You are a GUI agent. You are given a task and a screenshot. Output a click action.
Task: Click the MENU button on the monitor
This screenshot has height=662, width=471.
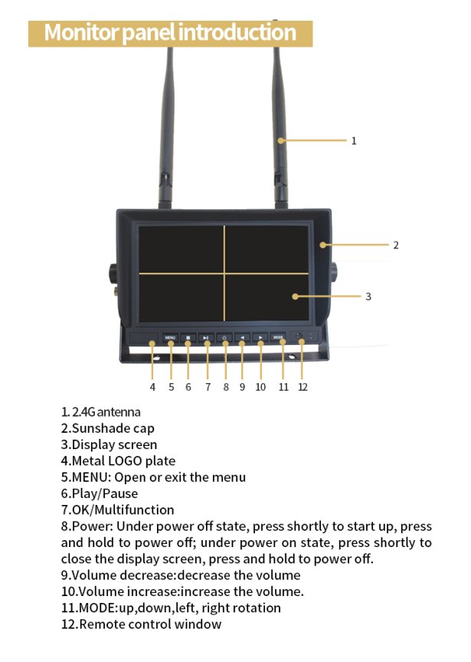coord(170,337)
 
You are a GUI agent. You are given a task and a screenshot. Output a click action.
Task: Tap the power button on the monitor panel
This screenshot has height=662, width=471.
coord(225,337)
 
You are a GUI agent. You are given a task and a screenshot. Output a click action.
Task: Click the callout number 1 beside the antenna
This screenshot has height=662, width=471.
coord(354,141)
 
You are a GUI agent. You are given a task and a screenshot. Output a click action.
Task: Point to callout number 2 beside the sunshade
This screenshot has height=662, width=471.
coord(396,245)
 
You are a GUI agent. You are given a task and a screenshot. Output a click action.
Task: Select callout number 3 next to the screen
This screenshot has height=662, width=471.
coord(368,297)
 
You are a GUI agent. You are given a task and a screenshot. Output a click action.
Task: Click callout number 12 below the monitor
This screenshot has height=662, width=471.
coord(303,387)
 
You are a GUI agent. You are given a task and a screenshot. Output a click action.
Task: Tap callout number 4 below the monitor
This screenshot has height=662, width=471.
coord(152,387)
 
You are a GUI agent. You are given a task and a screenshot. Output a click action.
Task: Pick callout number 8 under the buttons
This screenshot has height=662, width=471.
coord(226,387)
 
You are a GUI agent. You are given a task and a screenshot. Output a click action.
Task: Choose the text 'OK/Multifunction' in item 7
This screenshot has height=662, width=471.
coord(123,510)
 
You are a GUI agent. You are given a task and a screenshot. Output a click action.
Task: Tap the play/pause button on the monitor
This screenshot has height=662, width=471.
coord(207,337)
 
